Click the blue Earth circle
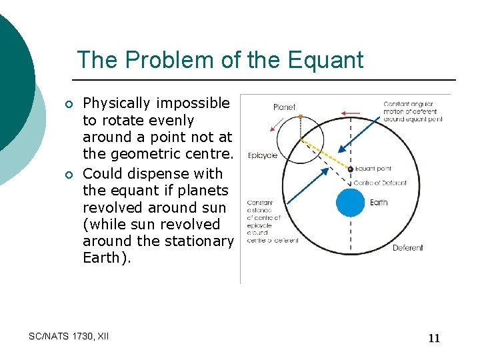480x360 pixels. point(351,203)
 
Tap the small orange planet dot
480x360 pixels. point(301,117)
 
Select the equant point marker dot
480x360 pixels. point(351,169)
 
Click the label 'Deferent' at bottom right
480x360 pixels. point(407,248)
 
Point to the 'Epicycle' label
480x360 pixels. point(262,155)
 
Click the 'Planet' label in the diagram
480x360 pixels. point(284,107)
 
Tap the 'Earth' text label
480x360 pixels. point(378,203)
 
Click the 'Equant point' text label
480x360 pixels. point(373,169)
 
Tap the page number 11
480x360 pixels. point(434,338)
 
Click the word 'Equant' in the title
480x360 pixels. point(326,60)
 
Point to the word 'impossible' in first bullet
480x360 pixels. point(193,103)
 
